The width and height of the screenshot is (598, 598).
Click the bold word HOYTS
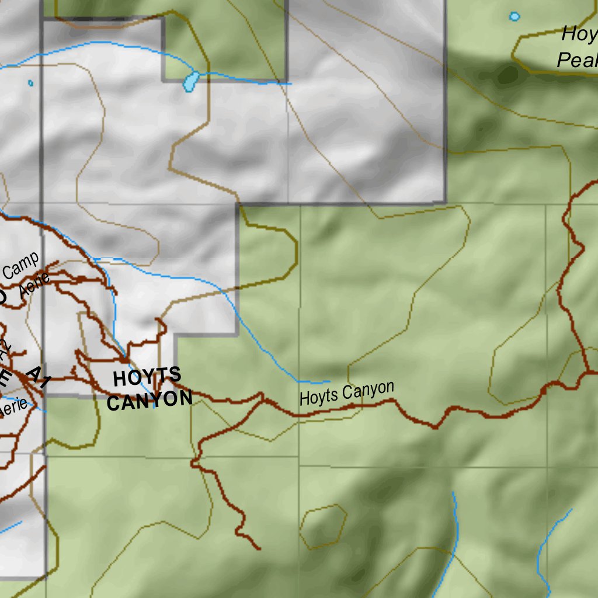click(x=147, y=377)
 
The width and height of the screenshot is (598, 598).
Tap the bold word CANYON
click(x=149, y=400)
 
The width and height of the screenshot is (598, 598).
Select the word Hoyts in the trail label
click(x=319, y=397)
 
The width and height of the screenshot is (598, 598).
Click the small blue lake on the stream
click(x=191, y=81)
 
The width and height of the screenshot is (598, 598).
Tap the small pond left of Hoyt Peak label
click(x=514, y=16)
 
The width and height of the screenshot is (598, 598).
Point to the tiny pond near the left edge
click(x=30, y=83)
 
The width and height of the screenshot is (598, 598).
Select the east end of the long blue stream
click(x=329, y=383)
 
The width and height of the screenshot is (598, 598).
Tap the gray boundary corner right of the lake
click(x=286, y=81)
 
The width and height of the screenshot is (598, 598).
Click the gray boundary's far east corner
click(x=445, y=202)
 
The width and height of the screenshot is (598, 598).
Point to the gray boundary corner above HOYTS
click(x=176, y=335)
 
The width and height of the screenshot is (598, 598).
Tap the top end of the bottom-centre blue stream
click(x=453, y=493)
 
